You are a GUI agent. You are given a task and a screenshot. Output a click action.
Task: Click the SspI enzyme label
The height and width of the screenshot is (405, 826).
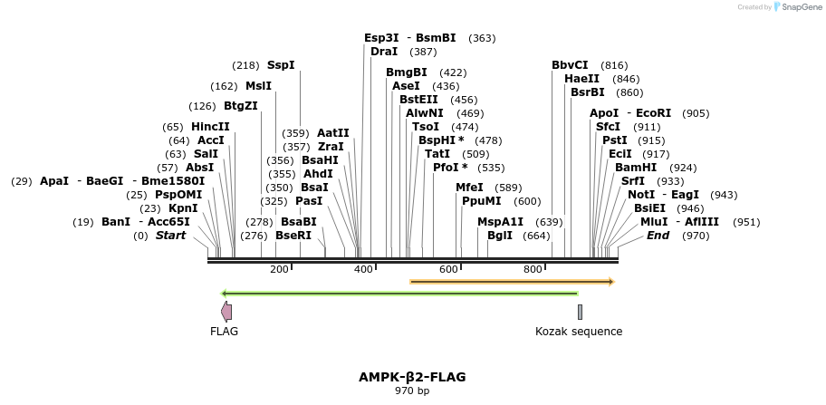281,65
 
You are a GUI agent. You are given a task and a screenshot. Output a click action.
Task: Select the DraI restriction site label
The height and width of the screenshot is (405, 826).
384,52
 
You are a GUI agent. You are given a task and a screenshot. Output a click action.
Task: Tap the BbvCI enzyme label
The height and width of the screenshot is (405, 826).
570,65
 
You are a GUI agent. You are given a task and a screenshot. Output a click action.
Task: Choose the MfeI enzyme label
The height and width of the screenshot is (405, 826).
469,188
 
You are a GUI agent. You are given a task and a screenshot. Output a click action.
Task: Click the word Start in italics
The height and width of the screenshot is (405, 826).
170,236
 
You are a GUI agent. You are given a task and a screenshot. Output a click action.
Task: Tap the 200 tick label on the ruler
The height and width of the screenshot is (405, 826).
279,269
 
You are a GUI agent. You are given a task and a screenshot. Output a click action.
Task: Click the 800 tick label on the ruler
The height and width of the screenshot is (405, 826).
533,269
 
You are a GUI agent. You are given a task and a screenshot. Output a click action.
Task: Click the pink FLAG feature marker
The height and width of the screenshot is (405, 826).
226,312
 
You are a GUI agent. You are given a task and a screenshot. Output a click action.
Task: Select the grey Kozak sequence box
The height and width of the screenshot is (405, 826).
580,312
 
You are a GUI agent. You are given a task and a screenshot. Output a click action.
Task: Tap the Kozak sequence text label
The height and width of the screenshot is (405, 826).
579,332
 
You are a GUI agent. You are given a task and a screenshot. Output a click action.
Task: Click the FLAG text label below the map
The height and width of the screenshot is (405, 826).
224,332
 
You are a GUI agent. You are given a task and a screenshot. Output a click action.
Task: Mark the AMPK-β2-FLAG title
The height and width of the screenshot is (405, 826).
412,377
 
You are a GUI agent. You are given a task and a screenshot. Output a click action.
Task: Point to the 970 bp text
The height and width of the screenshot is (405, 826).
412,391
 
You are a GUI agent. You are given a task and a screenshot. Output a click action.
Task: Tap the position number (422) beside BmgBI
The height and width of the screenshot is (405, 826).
453,72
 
